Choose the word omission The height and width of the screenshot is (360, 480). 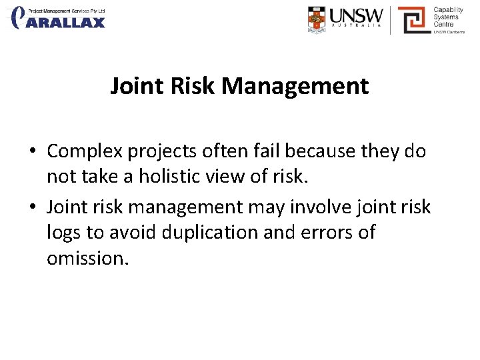(87, 258)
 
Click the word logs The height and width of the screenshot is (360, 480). (65, 233)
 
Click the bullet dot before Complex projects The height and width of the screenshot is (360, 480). (33, 152)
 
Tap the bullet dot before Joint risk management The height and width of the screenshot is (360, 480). (33, 208)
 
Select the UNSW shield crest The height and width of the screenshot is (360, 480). (318, 19)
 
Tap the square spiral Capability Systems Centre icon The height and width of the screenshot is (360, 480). (413, 20)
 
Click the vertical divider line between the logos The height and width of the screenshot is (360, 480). (390, 20)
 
